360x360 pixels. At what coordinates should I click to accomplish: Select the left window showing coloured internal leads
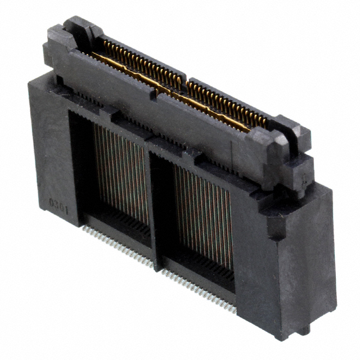tap(118, 172)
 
